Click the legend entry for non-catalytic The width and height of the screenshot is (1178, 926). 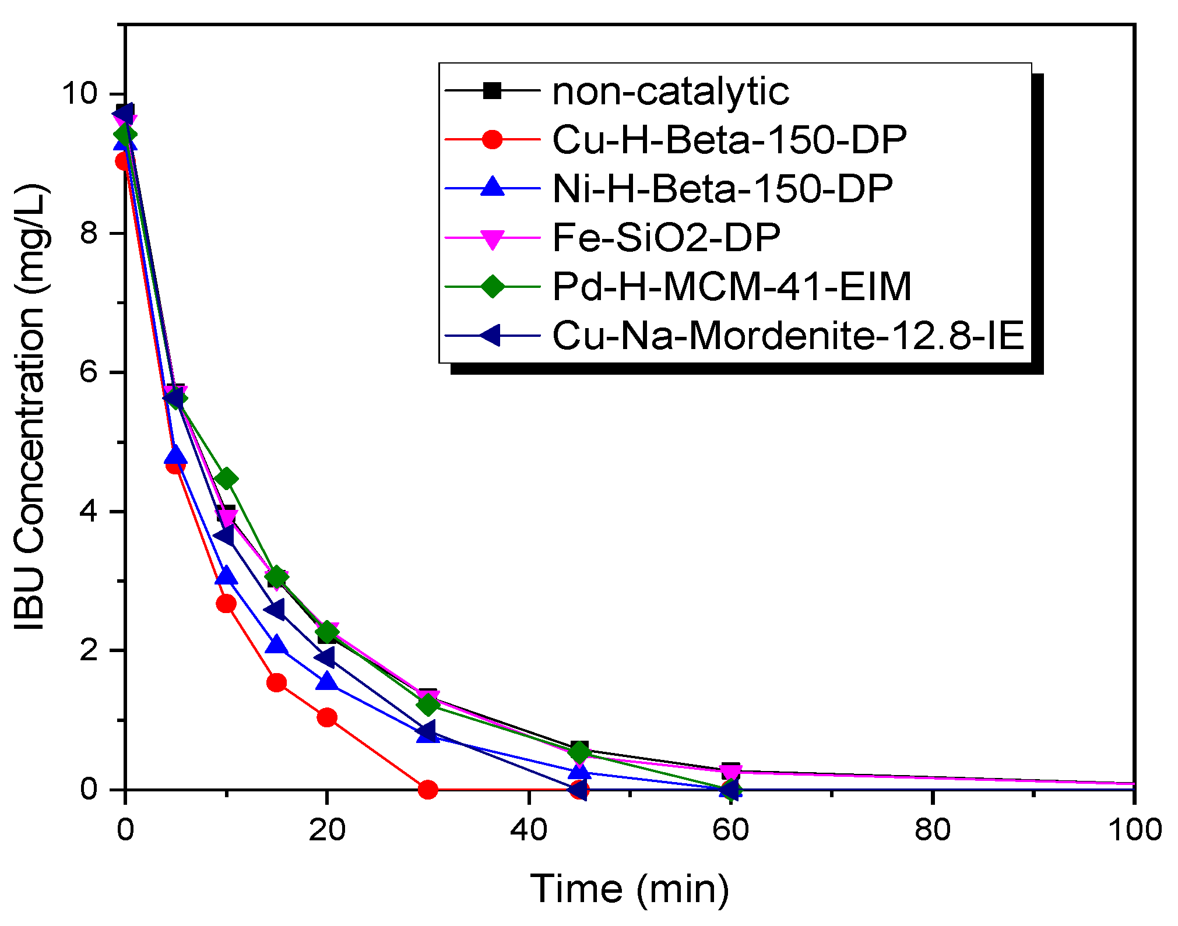coord(670,91)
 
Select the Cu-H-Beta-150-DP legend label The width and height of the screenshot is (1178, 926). coord(729,140)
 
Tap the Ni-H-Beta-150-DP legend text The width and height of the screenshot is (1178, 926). coord(722,189)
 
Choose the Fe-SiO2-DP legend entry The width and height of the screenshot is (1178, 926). coord(666,238)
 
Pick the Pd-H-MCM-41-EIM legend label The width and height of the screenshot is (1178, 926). coord(732,286)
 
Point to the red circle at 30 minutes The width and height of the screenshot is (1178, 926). coord(428,790)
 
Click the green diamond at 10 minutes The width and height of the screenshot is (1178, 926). coord(226,479)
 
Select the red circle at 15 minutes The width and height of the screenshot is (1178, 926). coord(276,682)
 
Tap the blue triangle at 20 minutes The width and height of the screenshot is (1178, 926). coord(327,681)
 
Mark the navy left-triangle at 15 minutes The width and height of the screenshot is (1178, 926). coord(275,610)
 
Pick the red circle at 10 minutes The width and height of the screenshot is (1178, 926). coord(226,604)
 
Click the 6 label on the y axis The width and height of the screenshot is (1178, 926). coord(89,371)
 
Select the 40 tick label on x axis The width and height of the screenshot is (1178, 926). coord(529,829)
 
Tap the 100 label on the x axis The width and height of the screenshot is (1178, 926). coord(1134,829)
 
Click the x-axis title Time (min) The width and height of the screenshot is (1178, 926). coord(630,889)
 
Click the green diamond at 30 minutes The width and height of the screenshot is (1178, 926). coord(428,705)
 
